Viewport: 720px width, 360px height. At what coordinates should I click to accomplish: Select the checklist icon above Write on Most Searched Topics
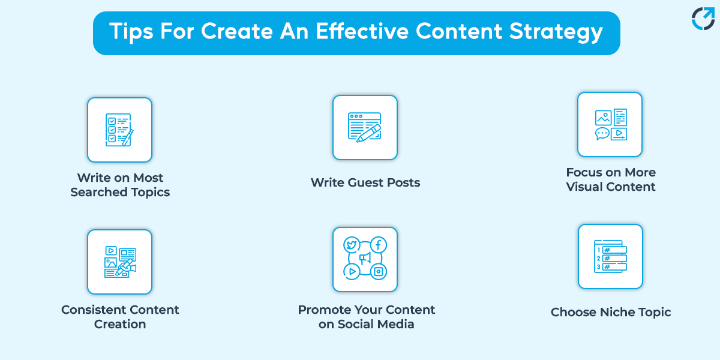click(119, 130)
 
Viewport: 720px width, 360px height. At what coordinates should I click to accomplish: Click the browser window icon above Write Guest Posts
click(365, 127)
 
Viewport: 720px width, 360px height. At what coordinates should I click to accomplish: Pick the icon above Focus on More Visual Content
click(610, 124)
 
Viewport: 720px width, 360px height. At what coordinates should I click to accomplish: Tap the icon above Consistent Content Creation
click(119, 262)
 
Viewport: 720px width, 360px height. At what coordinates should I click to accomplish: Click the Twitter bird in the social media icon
click(351, 245)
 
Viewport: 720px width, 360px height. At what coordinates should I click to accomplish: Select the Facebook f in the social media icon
click(379, 245)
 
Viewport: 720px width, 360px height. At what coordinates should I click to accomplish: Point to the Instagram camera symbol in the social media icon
click(379, 272)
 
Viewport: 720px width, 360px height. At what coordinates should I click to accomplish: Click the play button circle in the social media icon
click(351, 272)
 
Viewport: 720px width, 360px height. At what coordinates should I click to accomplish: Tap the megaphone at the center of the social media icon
click(365, 259)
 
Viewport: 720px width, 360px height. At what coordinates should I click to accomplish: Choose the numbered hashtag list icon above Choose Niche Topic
click(610, 256)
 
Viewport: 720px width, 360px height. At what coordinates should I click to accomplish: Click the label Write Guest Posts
click(365, 182)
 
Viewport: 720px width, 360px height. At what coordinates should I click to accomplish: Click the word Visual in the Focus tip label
click(586, 187)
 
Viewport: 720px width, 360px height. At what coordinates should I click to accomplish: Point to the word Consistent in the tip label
click(90, 310)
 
